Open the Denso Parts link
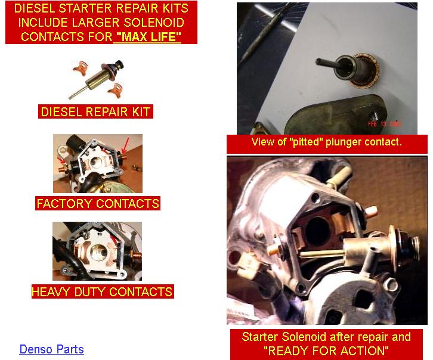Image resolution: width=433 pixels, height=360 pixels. click(x=52, y=349)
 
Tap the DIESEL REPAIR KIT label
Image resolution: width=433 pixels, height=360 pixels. click(x=95, y=111)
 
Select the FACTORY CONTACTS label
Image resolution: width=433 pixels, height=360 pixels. click(x=98, y=203)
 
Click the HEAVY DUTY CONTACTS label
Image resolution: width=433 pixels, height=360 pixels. click(x=103, y=291)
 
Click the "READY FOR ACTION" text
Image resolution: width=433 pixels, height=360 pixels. click(x=326, y=351)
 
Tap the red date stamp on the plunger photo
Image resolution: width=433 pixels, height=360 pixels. click(x=384, y=124)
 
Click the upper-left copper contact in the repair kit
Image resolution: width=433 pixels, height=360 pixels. click(x=81, y=67)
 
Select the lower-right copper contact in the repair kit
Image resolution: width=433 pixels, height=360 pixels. click(x=116, y=90)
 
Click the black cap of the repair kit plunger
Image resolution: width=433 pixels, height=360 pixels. click(x=119, y=65)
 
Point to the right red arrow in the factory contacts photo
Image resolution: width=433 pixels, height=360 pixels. click(x=125, y=145)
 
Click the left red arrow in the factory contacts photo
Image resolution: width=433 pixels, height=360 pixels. click(x=61, y=160)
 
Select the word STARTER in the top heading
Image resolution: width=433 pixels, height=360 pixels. click(x=85, y=8)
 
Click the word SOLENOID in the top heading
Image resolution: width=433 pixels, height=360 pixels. click(x=154, y=23)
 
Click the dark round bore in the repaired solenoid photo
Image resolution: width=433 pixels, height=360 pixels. click(x=317, y=231)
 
